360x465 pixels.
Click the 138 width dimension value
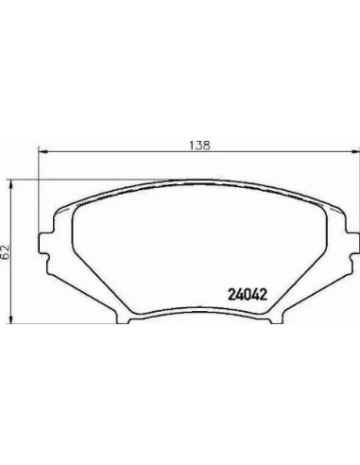[x=199, y=146]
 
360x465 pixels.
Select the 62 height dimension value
[x=7, y=251]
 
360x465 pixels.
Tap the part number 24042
[x=248, y=295]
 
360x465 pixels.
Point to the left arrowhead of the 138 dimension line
[x=43, y=152]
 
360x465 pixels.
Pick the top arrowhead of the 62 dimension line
[x=11, y=184]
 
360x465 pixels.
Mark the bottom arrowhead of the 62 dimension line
[x=11, y=319]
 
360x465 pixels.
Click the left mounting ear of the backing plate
[x=44, y=244]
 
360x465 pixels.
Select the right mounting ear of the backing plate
[x=352, y=243]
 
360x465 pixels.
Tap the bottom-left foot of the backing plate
[x=123, y=319]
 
